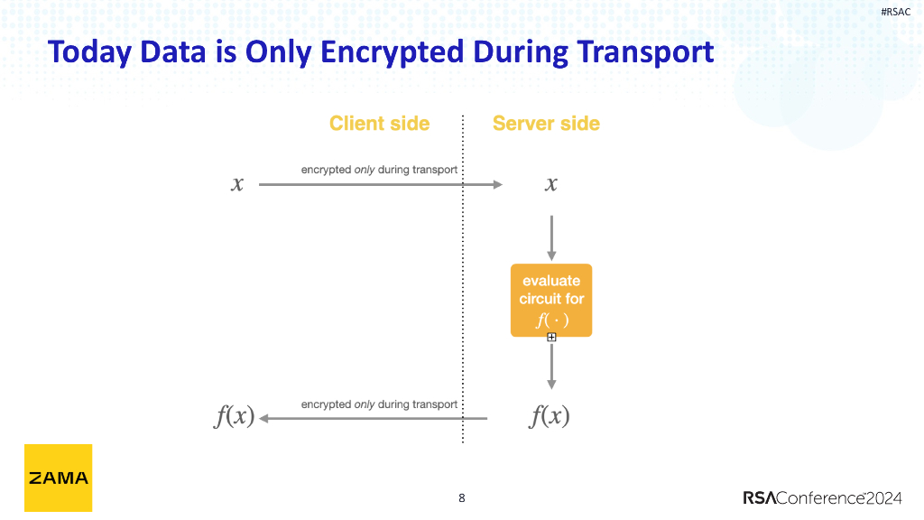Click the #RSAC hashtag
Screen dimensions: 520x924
[x=895, y=12]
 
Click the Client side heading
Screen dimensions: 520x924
[x=379, y=124]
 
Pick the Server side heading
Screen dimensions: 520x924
[x=546, y=124]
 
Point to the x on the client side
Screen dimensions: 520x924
[x=237, y=184]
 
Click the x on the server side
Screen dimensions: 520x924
[x=550, y=184]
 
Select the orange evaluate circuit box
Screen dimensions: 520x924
[x=551, y=300]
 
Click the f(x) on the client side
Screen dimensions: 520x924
[x=235, y=417]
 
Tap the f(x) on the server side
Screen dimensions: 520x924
[x=550, y=417]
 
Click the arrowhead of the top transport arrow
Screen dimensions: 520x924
[x=497, y=184]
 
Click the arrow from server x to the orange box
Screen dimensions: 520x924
[x=551, y=237]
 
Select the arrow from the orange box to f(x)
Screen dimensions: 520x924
[x=551, y=366]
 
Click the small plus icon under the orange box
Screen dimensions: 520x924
[x=551, y=338]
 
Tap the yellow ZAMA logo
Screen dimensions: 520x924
[x=58, y=478]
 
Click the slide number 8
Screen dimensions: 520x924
[x=462, y=497]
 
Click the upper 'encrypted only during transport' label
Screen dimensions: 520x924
[x=379, y=170]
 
